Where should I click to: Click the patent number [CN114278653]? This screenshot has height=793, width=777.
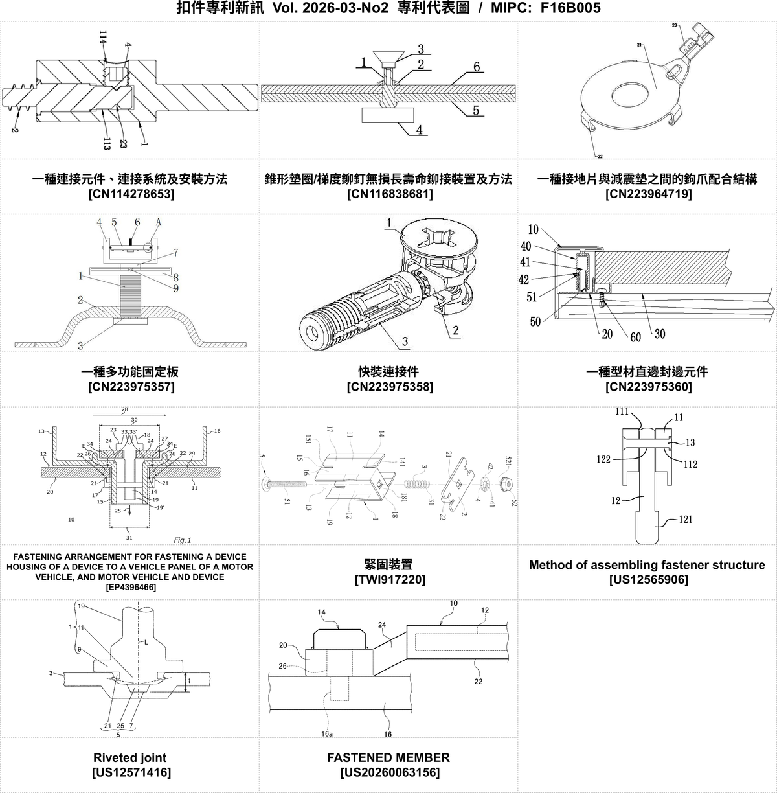(x=130, y=194)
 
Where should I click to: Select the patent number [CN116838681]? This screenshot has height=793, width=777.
(x=389, y=194)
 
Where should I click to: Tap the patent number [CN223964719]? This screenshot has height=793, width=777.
(x=648, y=194)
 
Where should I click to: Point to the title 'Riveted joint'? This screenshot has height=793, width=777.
(x=130, y=757)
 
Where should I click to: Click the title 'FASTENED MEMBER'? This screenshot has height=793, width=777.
(x=388, y=757)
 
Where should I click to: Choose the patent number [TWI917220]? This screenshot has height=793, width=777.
(x=389, y=579)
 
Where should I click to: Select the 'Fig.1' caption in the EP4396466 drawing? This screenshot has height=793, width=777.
(x=183, y=540)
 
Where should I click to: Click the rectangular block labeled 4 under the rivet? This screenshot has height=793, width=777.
(x=388, y=115)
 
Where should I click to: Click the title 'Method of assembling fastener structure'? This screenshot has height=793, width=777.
(x=647, y=565)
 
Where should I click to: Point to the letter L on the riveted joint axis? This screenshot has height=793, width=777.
(x=146, y=642)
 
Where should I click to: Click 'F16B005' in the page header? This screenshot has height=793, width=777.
(x=570, y=8)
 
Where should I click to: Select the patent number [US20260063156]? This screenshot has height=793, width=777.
(x=389, y=772)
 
